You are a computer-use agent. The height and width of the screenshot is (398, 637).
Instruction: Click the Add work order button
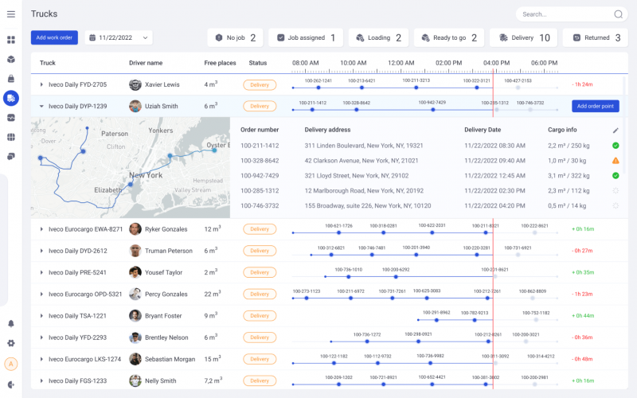pyautogui.click(x=54, y=37)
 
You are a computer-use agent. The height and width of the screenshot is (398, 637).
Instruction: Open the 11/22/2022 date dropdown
pyautogui.click(x=118, y=37)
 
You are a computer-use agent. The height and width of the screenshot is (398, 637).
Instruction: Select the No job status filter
pyautogui.click(x=236, y=37)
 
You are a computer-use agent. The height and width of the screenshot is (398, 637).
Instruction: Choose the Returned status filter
pyautogui.click(x=594, y=37)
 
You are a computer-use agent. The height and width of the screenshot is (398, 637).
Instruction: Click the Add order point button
pyautogui.click(x=595, y=106)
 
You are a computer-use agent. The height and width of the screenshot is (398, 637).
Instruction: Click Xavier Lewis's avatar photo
pyautogui.click(x=135, y=84)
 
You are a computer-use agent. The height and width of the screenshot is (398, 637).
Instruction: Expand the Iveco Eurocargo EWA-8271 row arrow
pyautogui.click(x=41, y=229)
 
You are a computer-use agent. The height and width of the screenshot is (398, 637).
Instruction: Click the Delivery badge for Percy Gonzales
pyautogui.click(x=260, y=294)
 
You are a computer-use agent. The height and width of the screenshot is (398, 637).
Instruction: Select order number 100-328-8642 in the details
pyautogui.click(x=260, y=160)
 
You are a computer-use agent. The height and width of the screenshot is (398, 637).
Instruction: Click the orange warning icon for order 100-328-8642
pyautogui.click(x=616, y=161)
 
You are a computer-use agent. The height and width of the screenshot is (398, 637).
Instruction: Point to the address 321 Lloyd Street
pyautogui.click(x=347, y=175)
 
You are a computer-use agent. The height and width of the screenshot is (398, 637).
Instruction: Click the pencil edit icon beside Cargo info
pyautogui.click(x=615, y=130)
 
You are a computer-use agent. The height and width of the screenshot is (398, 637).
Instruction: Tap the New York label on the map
pyautogui.click(x=146, y=175)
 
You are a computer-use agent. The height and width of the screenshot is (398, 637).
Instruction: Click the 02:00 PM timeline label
pyautogui.click(x=448, y=63)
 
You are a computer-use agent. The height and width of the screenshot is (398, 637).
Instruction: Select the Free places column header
pyautogui.click(x=220, y=63)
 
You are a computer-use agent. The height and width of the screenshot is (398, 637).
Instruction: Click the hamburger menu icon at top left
pyautogui.click(x=11, y=14)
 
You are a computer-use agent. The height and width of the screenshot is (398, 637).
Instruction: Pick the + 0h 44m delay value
pyautogui.click(x=583, y=315)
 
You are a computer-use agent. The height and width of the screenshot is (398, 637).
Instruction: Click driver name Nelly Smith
pyautogui.click(x=161, y=380)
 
